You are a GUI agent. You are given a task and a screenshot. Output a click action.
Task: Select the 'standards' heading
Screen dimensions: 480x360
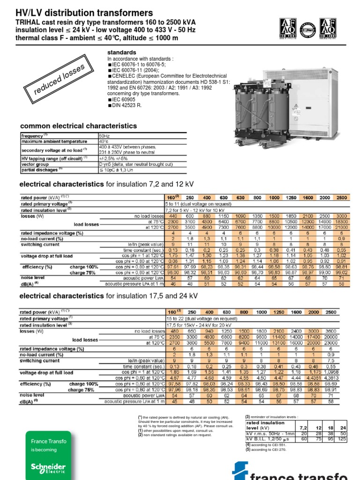(122, 52)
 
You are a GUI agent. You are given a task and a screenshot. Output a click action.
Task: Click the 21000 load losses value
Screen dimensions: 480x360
(342, 227)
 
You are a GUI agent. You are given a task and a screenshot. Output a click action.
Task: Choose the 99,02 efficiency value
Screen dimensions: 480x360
(342, 272)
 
